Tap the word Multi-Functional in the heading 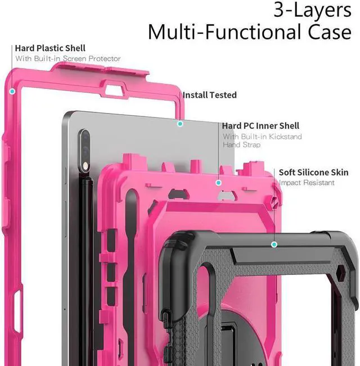pos(225,32)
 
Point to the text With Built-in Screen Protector pos(67,58)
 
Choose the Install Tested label pos(209,95)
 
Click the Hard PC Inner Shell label pos(260,126)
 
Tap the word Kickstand pos(284,137)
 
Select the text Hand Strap pos(241,145)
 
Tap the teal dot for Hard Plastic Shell pos(12,90)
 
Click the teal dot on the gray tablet pos(180,123)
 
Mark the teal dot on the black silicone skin pos(274,244)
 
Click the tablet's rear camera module pos(85,148)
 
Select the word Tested pos(223,95)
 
